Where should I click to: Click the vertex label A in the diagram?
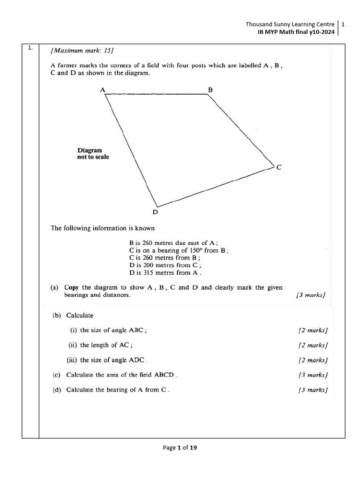tap(102, 89)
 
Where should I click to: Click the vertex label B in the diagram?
tap(210, 89)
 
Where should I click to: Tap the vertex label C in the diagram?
tap(279, 167)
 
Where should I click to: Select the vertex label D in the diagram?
tap(155, 212)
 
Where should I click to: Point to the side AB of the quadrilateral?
tap(156, 94)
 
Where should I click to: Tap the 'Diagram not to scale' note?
tap(93, 153)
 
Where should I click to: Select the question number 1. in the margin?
tap(30, 48)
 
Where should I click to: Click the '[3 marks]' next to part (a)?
tap(311, 295)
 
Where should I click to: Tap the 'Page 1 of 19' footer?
tap(180, 448)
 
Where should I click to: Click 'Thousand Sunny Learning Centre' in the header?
tap(290, 24)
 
